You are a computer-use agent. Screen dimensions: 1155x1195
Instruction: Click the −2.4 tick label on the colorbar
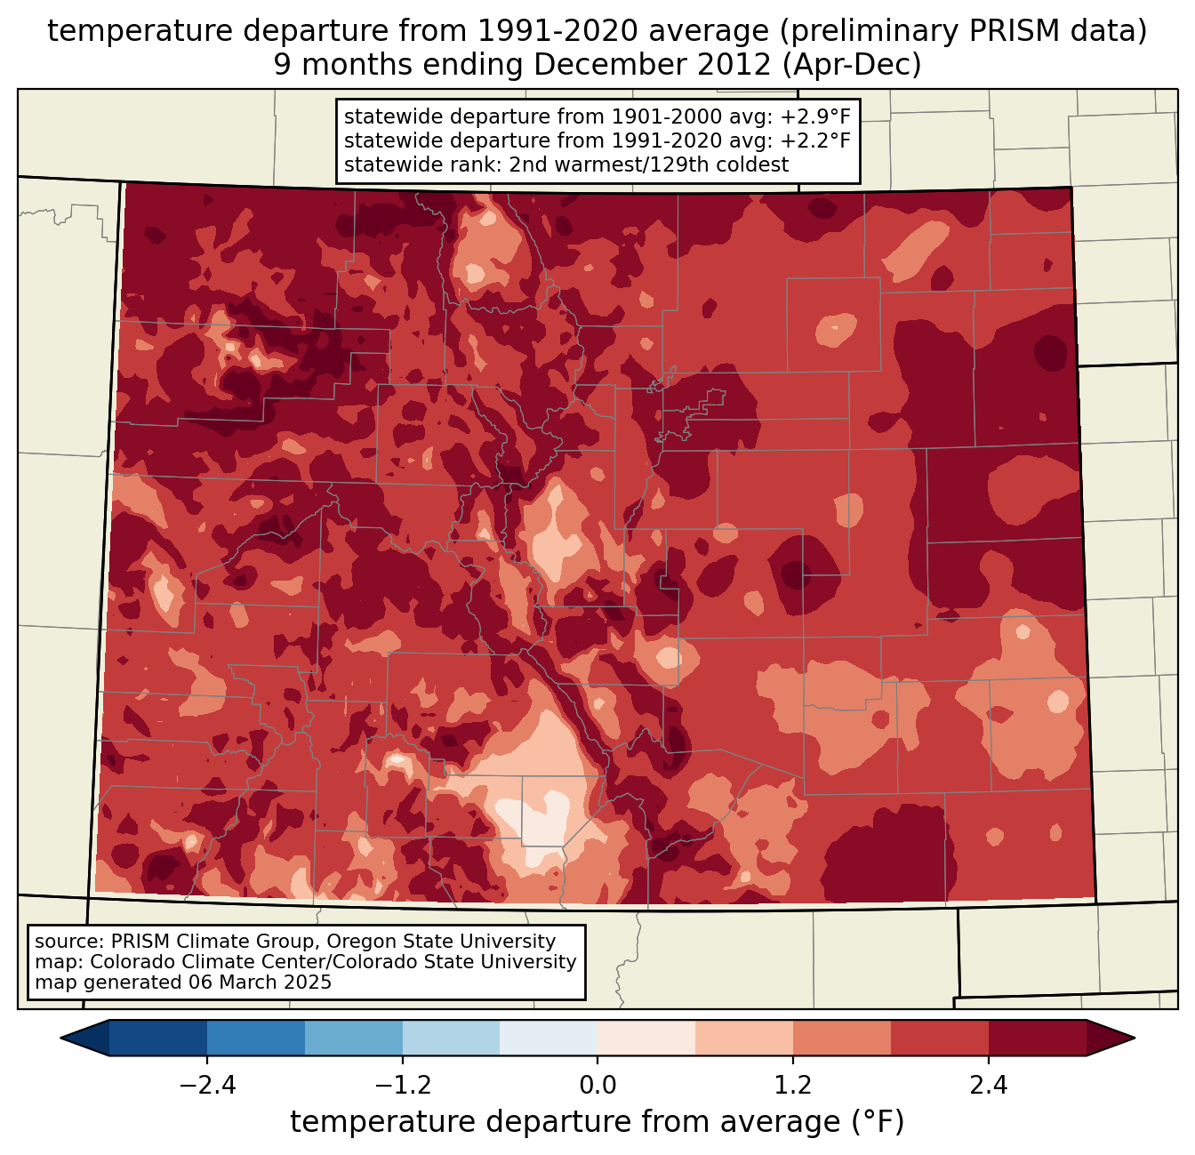[207, 1086]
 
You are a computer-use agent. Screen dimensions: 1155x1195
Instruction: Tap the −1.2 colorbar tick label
[403, 1086]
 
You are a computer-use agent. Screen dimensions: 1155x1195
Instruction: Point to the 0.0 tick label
[597, 1086]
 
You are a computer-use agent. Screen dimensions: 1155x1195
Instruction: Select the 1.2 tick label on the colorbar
[793, 1086]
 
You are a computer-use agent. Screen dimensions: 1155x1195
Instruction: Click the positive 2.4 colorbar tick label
[989, 1086]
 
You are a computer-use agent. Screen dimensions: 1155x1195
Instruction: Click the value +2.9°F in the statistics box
[815, 116]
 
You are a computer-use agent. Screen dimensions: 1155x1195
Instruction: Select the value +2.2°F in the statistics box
[815, 140]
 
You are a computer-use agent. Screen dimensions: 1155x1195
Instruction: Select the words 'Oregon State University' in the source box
[452, 942]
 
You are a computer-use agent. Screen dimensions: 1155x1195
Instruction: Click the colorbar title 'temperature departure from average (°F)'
[597, 1122]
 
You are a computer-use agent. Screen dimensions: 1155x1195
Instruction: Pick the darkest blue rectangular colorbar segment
[158, 1038]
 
